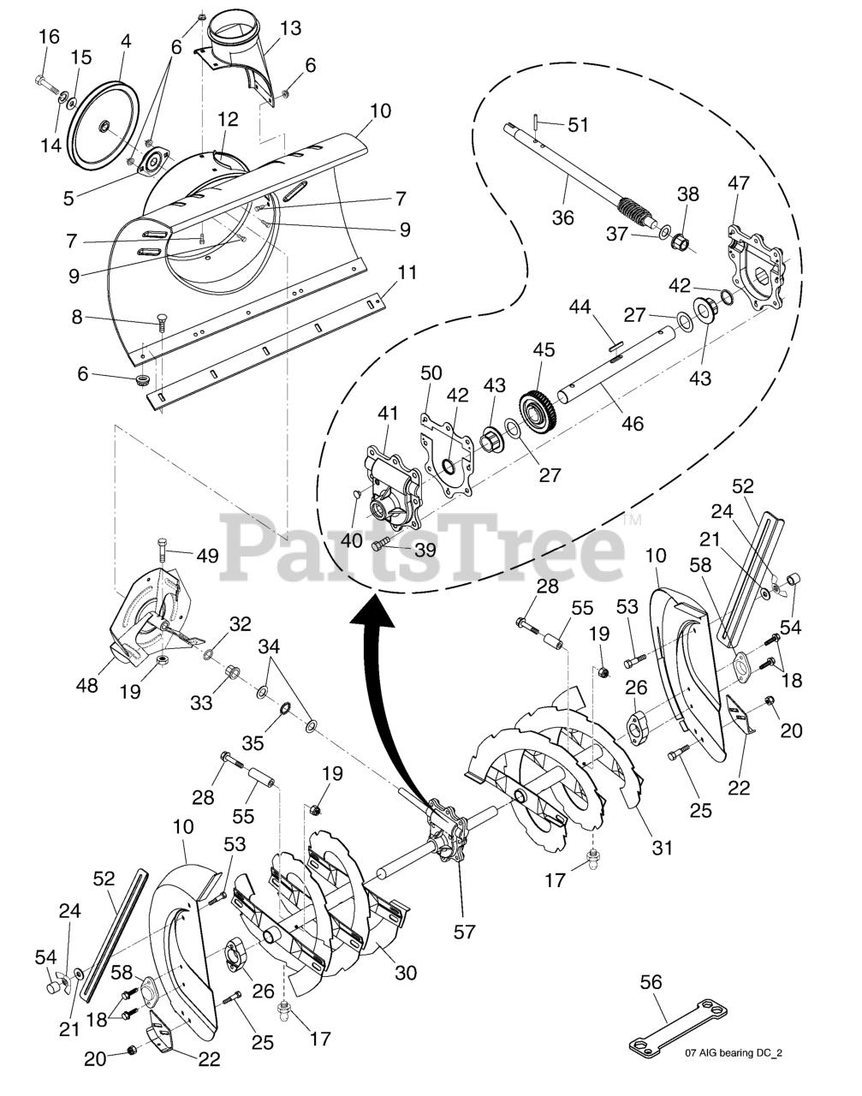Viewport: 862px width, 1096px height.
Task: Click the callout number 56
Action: (x=651, y=982)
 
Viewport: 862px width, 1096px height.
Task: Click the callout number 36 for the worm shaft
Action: (x=562, y=217)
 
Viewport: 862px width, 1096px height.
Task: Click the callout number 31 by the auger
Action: (x=661, y=849)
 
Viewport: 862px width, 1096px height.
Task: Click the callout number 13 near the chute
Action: (x=290, y=29)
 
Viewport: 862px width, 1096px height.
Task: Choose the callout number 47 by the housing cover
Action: (x=738, y=182)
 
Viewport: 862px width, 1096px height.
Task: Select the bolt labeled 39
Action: (x=383, y=544)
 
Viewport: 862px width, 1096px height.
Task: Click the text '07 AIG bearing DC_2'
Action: (x=734, y=1054)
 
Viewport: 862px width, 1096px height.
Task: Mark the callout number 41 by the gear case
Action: (x=388, y=414)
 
